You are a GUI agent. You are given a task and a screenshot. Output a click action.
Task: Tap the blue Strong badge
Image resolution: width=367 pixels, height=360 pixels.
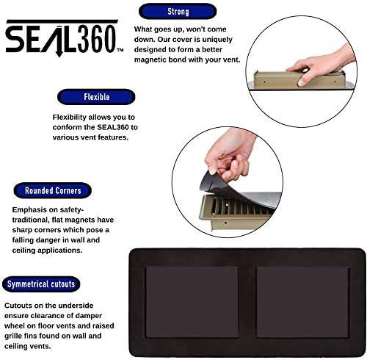pos(178,12)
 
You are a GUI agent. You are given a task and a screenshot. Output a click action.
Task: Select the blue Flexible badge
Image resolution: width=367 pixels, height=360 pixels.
pos(96,96)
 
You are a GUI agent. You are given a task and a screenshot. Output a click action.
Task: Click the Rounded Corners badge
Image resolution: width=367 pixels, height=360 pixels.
pos(53,190)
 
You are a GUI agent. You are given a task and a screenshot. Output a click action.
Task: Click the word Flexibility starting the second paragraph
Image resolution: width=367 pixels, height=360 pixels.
pos(75,117)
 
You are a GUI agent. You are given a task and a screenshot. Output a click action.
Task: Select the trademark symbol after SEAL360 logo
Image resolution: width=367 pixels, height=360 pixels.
pos(120,51)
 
